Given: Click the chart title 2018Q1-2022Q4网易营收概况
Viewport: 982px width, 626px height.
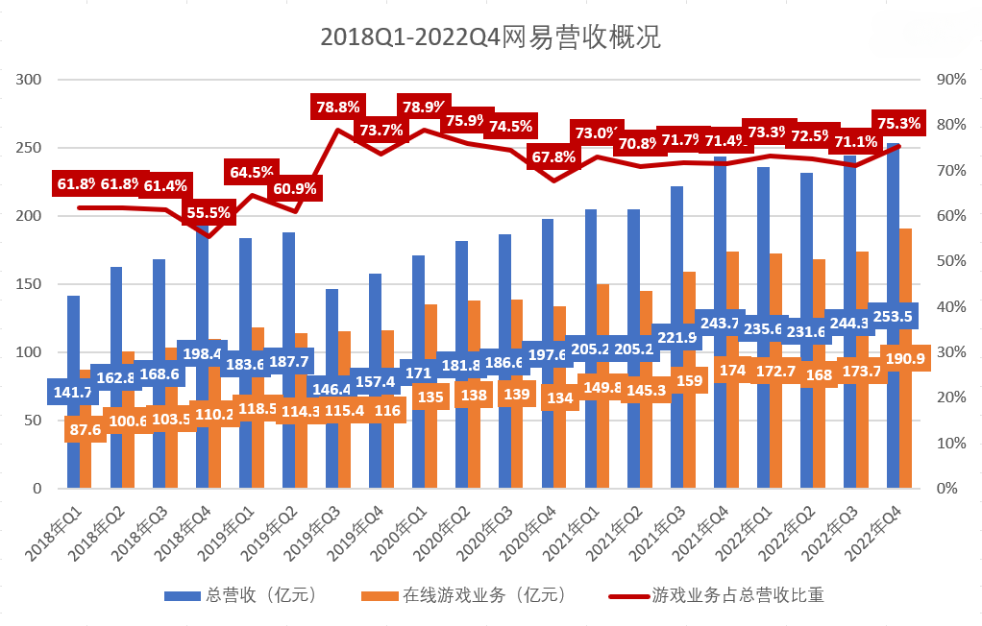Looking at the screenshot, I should click(x=490, y=37).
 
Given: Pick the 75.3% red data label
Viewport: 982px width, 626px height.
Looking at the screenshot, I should click(x=898, y=123).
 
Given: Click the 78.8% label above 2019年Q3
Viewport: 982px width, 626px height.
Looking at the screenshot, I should click(x=337, y=108).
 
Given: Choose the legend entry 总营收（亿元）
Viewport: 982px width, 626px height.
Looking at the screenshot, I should click(x=240, y=595).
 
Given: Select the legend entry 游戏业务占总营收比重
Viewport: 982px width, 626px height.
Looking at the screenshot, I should click(x=716, y=595).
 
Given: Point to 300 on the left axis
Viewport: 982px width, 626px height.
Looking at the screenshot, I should click(x=31, y=80).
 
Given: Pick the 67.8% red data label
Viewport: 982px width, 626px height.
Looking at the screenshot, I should click(x=552, y=156).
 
